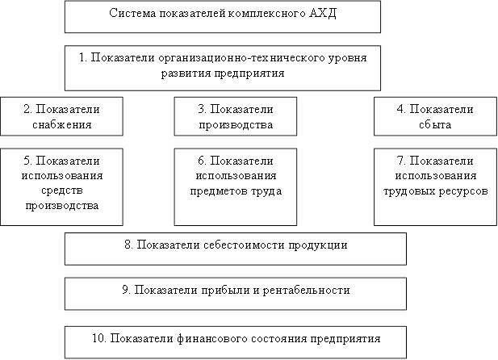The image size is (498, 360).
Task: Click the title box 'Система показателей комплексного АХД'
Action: tap(222, 16)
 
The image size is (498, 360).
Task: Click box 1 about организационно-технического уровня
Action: tap(222, 67)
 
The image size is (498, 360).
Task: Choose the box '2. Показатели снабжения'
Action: tap(62, 116)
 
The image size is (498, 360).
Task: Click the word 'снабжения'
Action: tap(62, 124)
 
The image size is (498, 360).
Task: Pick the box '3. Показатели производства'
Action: tap(236, 116)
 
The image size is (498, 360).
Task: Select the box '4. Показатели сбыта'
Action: tap(435, 116)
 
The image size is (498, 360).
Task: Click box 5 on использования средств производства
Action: tap(62, 185)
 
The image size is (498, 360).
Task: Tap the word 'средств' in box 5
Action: tap(62, 191)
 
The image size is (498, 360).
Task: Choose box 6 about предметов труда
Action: tap(236, 185)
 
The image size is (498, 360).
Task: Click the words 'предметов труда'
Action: tap(236, 191)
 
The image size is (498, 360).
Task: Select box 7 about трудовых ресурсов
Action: tap(435, 185)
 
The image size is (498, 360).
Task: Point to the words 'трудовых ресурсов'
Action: tap(436, 191)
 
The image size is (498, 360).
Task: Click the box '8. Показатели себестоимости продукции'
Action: tap(235, 249)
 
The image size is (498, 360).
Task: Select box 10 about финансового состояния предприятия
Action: tap(235, 338)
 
